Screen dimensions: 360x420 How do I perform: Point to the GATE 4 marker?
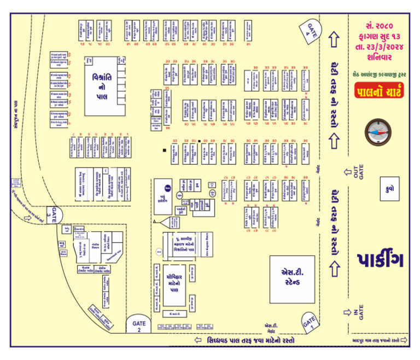tap(312, 30)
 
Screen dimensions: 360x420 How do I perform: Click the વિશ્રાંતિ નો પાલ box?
tap(101, 86)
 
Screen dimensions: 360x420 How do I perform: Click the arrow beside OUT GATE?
tap(347, 172)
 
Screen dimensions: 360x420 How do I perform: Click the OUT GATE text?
tap(358, 172)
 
